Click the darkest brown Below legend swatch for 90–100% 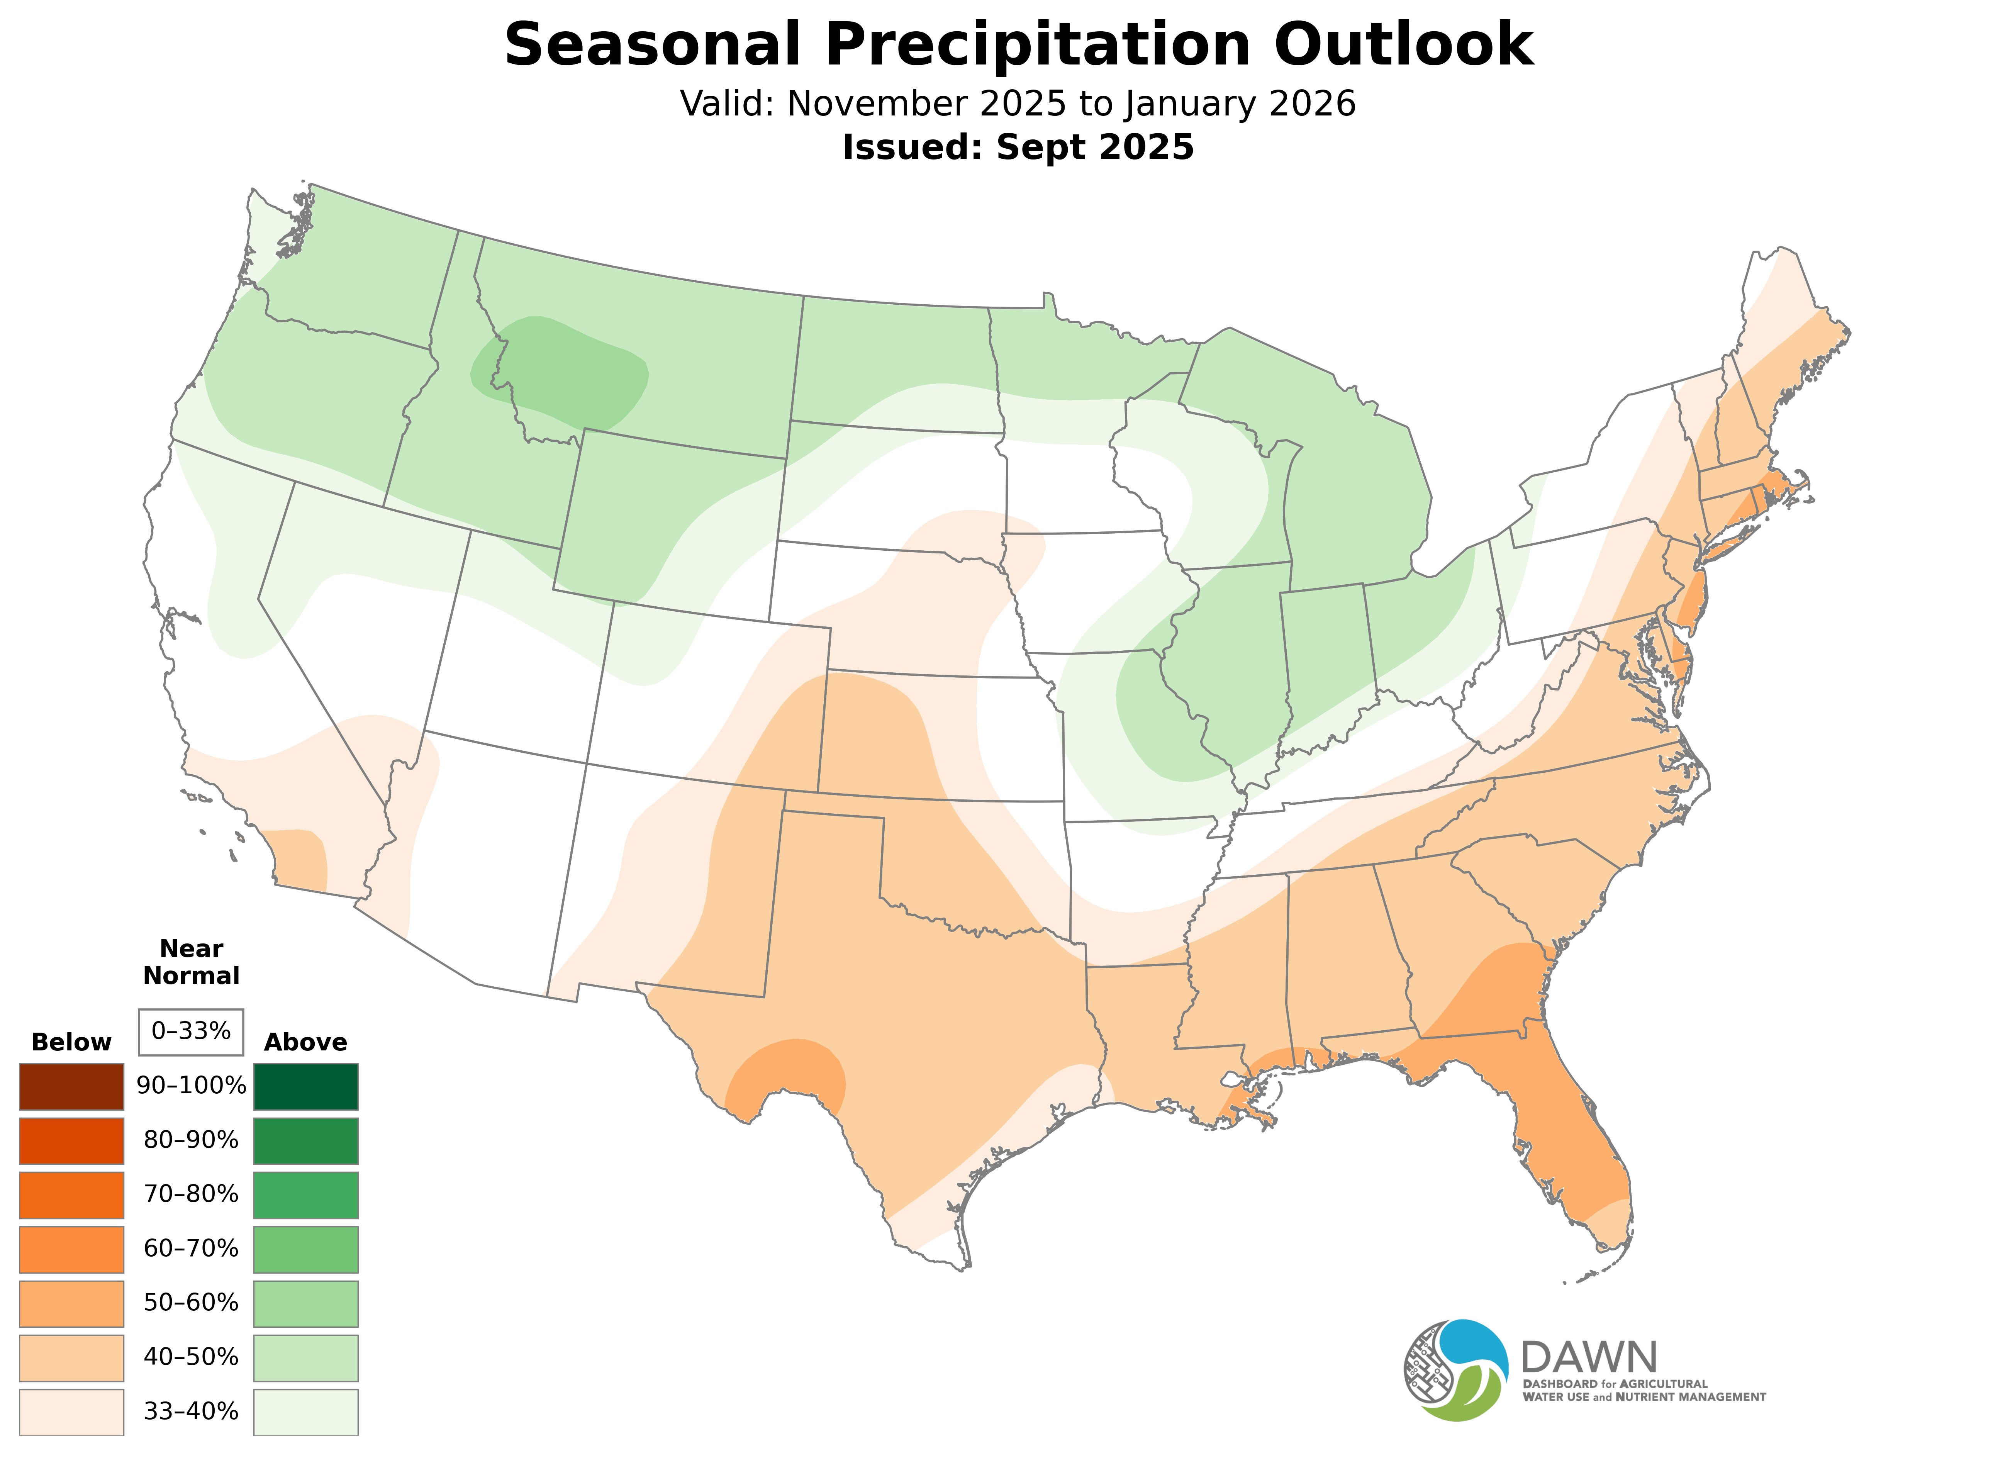tap(72, 1087)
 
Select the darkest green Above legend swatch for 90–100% tap(306, 1087)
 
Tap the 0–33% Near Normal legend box tap(191, 1032)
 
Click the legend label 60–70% tap(191, 1249)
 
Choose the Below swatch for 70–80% tap(72, 1195)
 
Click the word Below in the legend tap(72, 1043)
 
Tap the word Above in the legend tap(306, 1043)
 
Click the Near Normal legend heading tap(191, 962)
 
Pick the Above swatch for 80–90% tap(306, 1140)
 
